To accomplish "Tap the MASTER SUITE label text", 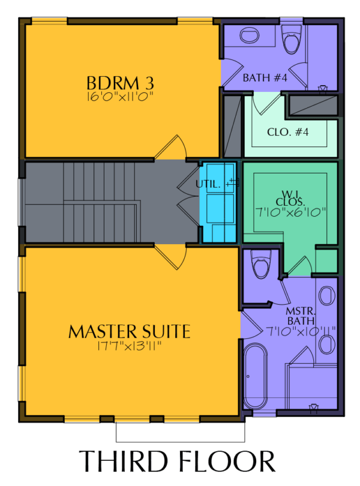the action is click(x=129, y=331).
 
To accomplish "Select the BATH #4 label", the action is click(x=265, y=77).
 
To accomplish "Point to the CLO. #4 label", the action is click(x=288, y=132).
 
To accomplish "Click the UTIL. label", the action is click(x=208, y=184).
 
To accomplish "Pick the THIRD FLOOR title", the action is click(x=177, y=461).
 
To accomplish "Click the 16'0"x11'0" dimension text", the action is click(x=120, y=96).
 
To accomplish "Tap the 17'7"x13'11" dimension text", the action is click(x=130, y=346).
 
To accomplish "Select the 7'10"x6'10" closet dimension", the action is click(x=290, y=212).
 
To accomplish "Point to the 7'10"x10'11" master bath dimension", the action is click(x=301, y=331).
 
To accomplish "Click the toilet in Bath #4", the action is click(x=291, y=39).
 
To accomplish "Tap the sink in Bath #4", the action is click(x=250, y=35).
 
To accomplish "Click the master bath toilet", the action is click(x=261, y=264).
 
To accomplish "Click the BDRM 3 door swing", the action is click(x=171, y=147).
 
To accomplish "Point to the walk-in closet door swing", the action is click(x=299, y=266).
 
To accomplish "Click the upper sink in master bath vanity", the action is click(x=327, y=295).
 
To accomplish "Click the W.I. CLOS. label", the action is click(x=290, y=199).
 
